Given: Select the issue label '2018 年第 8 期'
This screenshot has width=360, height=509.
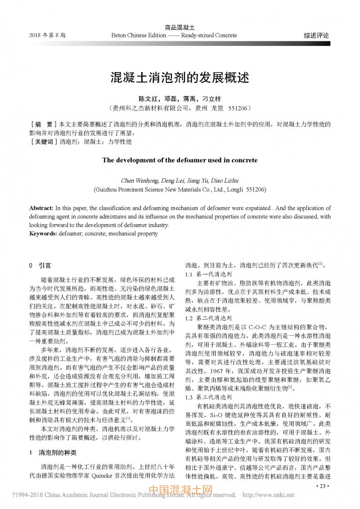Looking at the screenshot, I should coord(47,35).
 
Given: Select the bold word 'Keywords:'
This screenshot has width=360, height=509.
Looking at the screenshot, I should coord(43,234).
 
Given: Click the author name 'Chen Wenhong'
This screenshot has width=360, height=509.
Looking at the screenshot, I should coord(139,181).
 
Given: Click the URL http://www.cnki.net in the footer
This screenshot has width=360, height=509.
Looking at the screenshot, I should coord(268,495).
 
